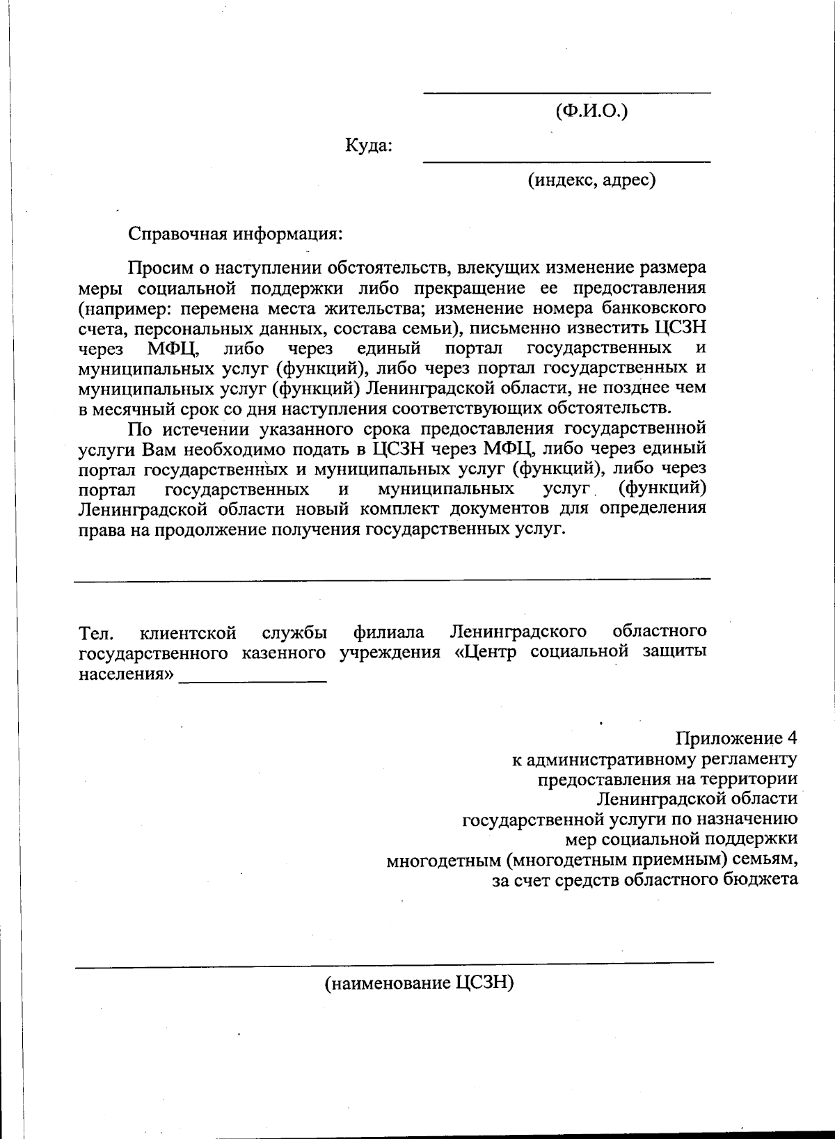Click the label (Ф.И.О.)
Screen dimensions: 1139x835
(591, 111)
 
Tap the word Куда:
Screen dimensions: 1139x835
(369, 146)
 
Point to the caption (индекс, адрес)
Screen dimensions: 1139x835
(591, 181)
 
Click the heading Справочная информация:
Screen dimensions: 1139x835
(236, 232)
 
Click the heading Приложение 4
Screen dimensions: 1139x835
(736, 738)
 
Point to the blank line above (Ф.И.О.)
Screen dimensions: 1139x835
(567, 93)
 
